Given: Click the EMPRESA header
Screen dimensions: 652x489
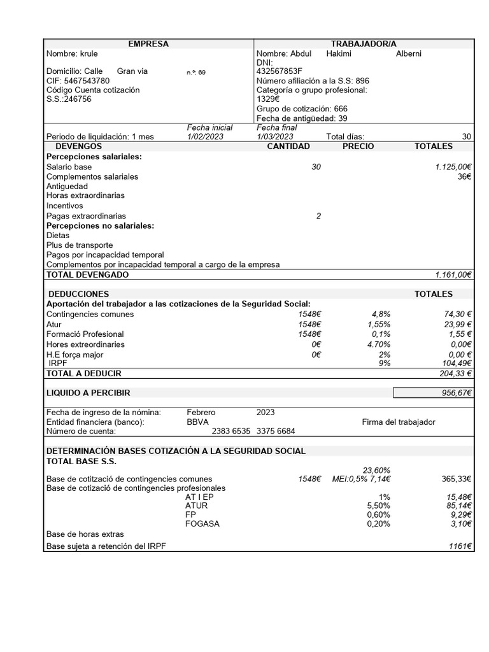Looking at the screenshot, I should click(148, 44).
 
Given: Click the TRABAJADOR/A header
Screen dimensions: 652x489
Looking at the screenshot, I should click(364, 44).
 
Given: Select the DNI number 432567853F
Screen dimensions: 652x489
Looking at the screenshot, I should click(280, 72).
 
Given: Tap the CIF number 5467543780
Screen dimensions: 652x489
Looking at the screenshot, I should click(78, 81).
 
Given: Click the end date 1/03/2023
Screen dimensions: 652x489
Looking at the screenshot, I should click(275, 137).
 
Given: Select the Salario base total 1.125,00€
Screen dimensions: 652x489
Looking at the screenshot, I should click(453, 167).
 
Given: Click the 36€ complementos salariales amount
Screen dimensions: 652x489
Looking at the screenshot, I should click(464, 176).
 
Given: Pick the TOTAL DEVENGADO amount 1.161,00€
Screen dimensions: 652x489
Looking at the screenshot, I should click(453, 275).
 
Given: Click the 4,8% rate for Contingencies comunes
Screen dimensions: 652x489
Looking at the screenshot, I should click(381, 315).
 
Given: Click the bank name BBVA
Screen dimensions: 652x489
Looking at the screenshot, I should click(197, 422).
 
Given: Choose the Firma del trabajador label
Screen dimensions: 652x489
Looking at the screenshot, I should click(399, 422).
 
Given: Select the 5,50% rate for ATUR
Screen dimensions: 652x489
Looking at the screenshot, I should click(378, 506).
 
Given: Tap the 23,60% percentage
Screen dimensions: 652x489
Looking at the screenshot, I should click(376, 471).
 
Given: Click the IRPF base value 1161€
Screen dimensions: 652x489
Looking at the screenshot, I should click(460, 546).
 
